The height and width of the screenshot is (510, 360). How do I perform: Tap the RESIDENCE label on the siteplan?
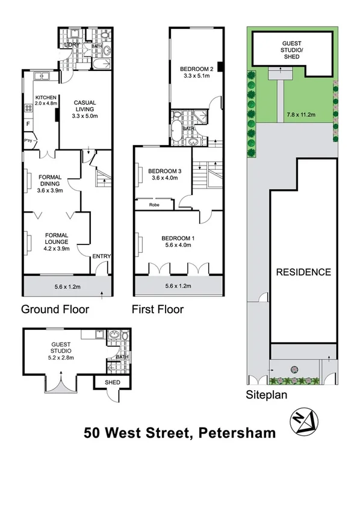[x=303, y=272]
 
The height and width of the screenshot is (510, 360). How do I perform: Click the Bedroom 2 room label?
[x=195, y=69]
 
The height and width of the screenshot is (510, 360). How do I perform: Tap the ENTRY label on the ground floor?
[x=101, y=257]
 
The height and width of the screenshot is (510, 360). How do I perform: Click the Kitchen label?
[x=46, y=98]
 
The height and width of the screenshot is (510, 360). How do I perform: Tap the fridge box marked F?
[x=28, y=125]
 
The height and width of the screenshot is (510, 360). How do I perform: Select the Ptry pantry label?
[x=28, y=140]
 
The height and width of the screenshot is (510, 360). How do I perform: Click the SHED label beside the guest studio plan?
[x=113, y=382]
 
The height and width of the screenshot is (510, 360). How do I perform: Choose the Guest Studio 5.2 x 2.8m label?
[x=61, y=350]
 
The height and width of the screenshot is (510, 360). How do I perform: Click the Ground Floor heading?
[x=55, y=309]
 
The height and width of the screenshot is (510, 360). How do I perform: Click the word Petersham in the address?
[x=238, y=432]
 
